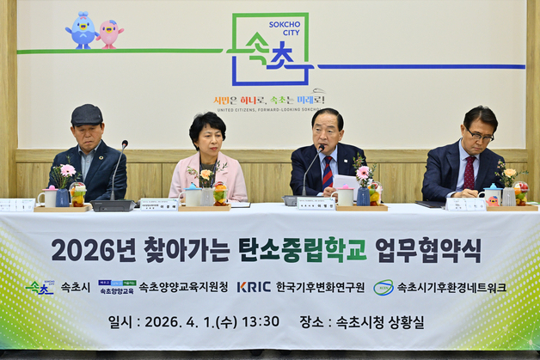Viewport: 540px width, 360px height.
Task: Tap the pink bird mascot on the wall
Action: (x=109, y=32)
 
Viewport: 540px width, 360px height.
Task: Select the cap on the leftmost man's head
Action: (x=86, y=114)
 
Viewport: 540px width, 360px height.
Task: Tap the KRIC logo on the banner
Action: (x=254, y=287)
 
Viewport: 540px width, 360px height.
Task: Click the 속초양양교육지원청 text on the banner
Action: (x=183, y=287)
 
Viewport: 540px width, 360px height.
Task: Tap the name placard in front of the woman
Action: (x=159, y=204)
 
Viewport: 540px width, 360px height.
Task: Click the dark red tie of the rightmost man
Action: (x=469, y=173)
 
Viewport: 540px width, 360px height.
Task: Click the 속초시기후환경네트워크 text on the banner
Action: (x=451, y=287)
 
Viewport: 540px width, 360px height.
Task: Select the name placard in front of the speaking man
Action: (x=316, y=204)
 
